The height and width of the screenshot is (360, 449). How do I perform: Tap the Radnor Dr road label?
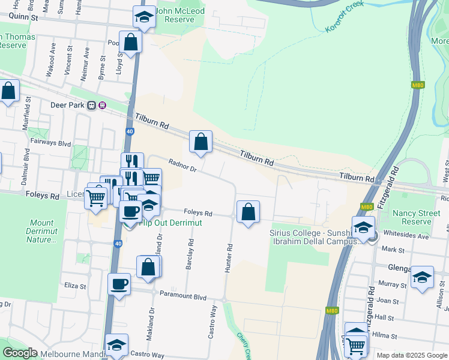(183, 165)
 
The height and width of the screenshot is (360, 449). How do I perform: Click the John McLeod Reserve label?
(179, 15)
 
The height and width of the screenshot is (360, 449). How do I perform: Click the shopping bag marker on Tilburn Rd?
(201, 142)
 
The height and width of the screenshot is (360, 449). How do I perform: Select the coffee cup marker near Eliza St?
(119, 284)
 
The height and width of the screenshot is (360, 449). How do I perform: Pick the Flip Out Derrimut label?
(170, 223)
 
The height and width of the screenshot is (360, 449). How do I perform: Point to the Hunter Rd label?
(228, 259)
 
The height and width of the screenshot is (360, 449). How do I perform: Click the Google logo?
(20, 353)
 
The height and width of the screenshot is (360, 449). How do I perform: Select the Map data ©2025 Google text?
(412, 355)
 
